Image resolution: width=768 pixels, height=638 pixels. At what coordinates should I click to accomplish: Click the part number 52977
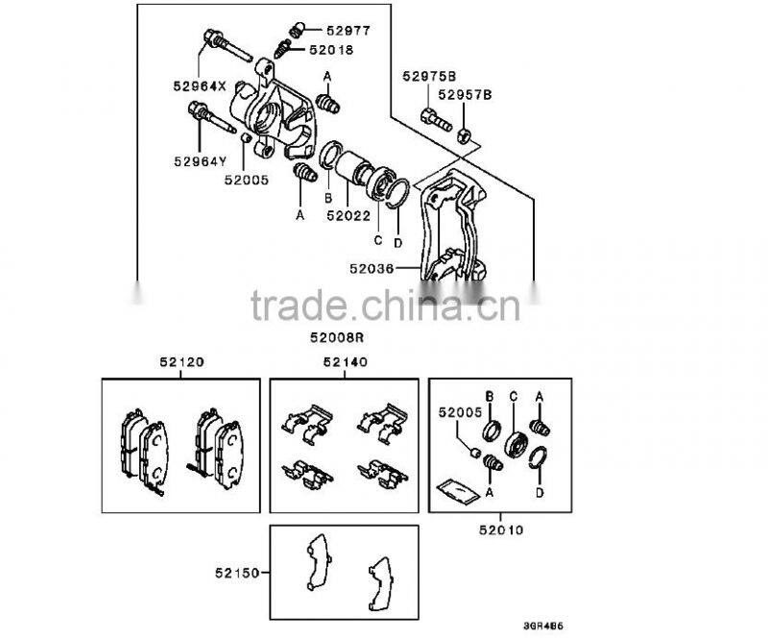point(348,31)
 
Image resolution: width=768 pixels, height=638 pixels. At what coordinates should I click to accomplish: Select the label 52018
point(331,50)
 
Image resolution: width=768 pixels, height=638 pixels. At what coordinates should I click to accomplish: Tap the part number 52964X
point(200,86)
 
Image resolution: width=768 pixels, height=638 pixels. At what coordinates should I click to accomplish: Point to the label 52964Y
point(201,160)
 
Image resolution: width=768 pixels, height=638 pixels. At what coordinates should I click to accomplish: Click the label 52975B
point(429,76)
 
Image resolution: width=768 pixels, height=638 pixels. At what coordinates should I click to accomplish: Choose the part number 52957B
point(465,94)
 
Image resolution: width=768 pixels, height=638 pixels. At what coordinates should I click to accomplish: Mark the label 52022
point(348,215)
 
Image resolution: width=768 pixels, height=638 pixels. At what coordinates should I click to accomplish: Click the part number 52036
point(372,268)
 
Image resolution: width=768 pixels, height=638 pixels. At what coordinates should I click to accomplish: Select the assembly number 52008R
point(337,337)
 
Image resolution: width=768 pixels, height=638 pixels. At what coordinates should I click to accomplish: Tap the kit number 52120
point(181,362)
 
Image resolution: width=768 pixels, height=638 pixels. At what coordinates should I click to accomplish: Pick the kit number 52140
point(345,362)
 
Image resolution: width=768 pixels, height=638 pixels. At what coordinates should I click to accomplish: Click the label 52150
point(237,573)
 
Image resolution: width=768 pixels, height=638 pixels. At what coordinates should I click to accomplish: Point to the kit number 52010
point(501,529)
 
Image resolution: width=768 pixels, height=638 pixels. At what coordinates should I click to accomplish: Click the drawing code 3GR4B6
point(543,626)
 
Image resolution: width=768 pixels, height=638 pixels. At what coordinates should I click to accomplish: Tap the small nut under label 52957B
point(464,135)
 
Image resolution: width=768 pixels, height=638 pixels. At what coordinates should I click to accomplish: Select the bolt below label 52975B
point(436,119)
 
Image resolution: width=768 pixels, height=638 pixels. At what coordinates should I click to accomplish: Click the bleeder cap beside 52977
point(297,30)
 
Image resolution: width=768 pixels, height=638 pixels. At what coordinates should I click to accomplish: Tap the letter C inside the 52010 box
point(514,396)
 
